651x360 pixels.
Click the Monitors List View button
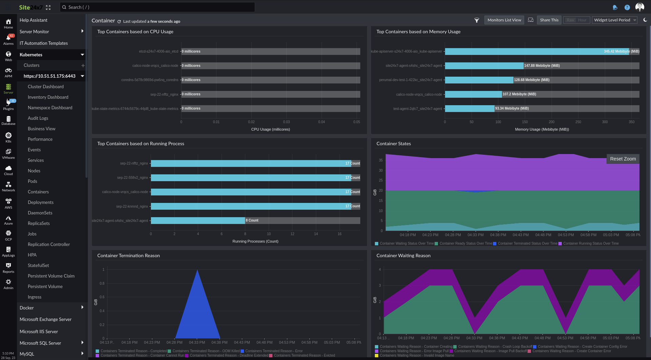point(504,20)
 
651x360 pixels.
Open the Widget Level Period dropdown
point(614,20)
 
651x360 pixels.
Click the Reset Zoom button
point(623,159)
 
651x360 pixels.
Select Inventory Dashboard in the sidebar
point(48,97)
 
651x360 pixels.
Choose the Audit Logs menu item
point(38,118)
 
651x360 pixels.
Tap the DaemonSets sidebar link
point(40,213)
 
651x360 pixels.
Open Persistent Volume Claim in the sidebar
point(51,276)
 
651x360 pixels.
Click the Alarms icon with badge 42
point(8,39)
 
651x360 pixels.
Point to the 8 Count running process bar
point(198,221)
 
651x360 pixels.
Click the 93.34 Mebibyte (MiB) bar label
point(512,109)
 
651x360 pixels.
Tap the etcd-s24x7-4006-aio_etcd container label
point(158,52)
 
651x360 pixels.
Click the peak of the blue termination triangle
point(197,270)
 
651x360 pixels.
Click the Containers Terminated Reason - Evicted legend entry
point(304,356)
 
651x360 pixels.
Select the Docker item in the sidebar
point(26,308)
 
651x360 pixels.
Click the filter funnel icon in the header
point(477,20)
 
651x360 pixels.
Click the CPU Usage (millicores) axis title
point(270,129)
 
